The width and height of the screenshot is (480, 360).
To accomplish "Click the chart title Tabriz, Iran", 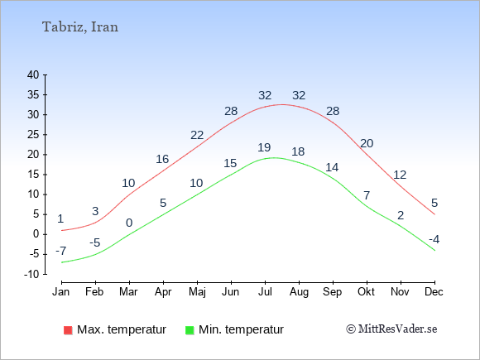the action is pos(80,27).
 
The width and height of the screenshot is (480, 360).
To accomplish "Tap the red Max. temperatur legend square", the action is pos(68,330).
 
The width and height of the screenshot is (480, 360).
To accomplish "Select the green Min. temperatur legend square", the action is pos(190,330).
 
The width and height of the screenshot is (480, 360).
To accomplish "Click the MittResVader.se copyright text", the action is pos(391,329).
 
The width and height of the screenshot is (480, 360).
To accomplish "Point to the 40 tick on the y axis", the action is pos(33,74).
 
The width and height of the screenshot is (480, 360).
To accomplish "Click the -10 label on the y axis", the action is pos(31,274).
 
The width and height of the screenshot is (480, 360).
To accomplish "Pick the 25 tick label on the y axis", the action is pos(33,134).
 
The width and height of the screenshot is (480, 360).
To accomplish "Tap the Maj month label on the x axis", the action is pos(197,292).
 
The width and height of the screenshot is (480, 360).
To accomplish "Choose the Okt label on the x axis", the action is pos(366,292).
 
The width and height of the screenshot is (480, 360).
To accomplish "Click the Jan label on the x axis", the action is pos(61,292).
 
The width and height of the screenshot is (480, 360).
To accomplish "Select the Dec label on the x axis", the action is pos(434,292).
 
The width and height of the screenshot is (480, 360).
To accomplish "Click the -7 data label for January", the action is pos(61,252).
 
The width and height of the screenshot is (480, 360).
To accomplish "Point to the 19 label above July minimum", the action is pos(264,147).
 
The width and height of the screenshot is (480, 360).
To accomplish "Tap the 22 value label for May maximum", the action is pos(197,135).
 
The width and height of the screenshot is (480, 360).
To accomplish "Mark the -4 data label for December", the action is pos(434,239).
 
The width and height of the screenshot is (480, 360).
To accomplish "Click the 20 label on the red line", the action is pos(367,143).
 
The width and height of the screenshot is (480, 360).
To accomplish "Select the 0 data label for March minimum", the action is pos(129,223).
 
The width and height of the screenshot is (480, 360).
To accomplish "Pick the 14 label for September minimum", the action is pos(332,167).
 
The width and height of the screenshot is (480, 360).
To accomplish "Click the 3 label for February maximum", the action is pos(95,211).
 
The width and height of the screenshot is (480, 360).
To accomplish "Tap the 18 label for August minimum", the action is pos(298,151).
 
